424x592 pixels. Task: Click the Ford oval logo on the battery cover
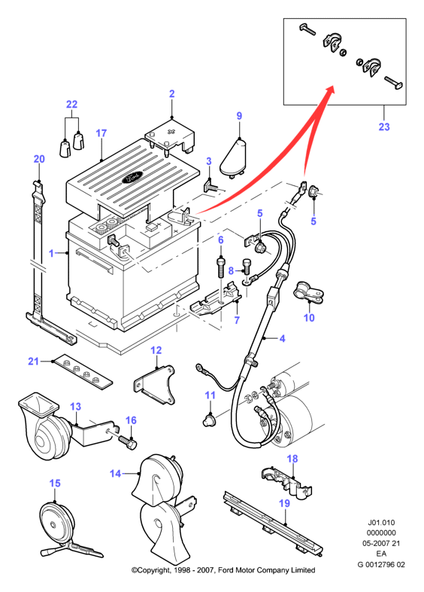(x=132, y=177)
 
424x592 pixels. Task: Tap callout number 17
(x=101, y=133)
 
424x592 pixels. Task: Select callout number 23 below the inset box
(x=383, y=127)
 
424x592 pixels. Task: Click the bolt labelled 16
(x=128, y=441)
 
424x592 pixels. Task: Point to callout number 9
(x=239, y=116)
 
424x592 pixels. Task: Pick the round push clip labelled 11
(x=209, y=420)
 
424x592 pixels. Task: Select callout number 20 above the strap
(x=39, y=159)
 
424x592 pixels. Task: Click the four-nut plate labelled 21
(x=83, y=373)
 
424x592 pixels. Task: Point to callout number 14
(x=115, y=474)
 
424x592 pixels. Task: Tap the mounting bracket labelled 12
(x=155, y=384)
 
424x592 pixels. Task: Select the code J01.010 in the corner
(x=381, y=523)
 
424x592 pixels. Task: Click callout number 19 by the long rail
(x=285, y=503)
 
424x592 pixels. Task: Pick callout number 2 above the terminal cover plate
(x=172, y=93)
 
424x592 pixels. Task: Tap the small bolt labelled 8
(x=246, y=266)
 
